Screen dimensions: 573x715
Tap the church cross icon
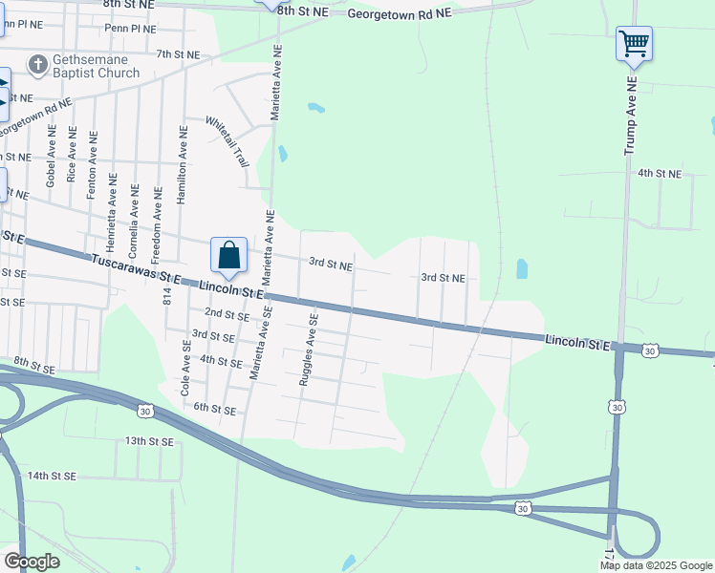37,65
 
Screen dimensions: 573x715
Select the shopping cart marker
634,43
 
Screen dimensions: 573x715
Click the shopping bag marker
228,256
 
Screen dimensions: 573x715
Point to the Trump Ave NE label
630,117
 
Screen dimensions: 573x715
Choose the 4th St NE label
660,174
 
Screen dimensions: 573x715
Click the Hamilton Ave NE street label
181,164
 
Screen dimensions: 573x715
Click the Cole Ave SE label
187,371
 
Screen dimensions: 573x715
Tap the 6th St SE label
214,409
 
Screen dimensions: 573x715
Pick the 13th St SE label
148,441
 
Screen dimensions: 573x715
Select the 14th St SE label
52,475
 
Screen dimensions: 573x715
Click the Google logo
32,562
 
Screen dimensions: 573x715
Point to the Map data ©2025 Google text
656,565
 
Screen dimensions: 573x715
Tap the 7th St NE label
179,54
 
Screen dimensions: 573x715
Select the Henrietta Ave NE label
113,203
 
